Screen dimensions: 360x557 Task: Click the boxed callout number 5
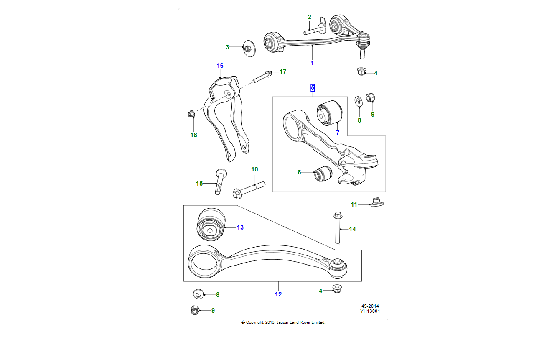tap(313, 88)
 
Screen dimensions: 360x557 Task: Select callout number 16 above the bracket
tap(220, 66)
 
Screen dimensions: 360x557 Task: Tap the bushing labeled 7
tap(330, 112)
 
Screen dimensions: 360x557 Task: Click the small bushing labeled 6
tap(323, 173)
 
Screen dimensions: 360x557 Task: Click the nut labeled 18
tap(191, 114)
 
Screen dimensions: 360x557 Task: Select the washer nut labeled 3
tap(248, 48)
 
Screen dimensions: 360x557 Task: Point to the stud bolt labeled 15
tap(220, 181)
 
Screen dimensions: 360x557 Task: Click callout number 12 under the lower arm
tap(278, 294)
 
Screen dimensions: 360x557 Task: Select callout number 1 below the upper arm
tap(312, 63)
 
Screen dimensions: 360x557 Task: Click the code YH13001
tap(370, 311)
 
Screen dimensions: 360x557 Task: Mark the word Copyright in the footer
tap(255, 322)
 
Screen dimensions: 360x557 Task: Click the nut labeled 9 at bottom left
tap(194, 310)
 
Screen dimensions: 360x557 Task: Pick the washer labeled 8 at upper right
tap(359, 101)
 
